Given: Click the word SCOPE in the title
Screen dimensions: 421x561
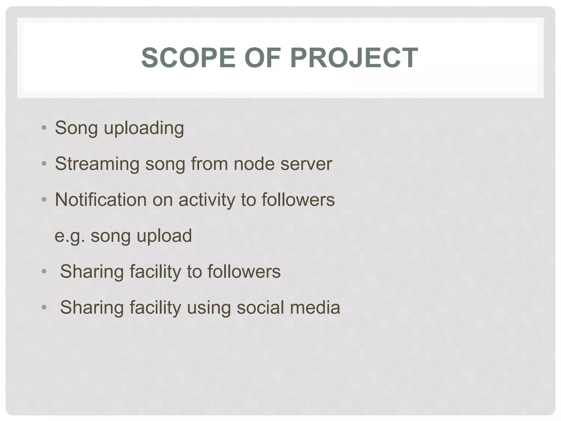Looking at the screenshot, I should [x=188, y=58].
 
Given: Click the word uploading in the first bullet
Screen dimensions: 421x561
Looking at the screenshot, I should [x=144, y=128].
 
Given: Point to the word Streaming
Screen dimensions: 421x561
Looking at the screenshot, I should [x=97, y=164].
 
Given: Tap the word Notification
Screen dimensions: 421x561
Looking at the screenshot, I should [x=101, y=200].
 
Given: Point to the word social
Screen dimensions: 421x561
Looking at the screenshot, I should [x=260, y=307].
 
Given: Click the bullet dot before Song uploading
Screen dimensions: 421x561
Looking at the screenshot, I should [x=44, y=128].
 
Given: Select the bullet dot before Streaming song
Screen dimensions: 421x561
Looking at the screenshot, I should [x=44, y=164].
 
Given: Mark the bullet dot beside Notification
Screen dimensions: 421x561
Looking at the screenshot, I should [x=44, y=200].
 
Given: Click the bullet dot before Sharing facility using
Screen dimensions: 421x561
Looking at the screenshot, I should [x=44, y=308].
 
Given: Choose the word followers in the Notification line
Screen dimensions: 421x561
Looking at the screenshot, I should [x=298, y=200].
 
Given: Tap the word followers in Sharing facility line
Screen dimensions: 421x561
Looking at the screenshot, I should [x=244, y=271].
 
